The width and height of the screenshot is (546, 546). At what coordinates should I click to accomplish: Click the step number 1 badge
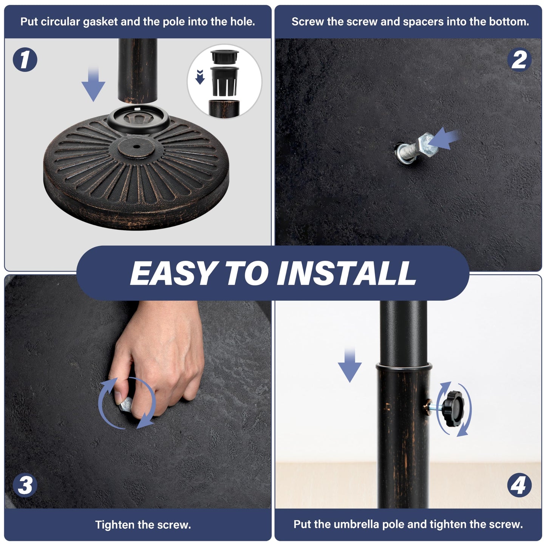pos(25,59)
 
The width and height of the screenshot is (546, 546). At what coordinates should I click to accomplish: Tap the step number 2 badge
pos(519,59)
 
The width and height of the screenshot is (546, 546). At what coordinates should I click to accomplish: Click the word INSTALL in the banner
pos(346,273)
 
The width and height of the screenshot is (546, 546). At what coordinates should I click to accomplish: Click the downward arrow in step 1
pos(93,84)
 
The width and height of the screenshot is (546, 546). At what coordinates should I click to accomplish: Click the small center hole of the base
pos(136,147)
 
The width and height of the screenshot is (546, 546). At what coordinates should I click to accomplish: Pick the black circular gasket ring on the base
pos(138,119)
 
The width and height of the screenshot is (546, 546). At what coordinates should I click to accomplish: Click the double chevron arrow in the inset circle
pos(200,77)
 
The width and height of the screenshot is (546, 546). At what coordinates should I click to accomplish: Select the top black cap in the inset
pos(224,57)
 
